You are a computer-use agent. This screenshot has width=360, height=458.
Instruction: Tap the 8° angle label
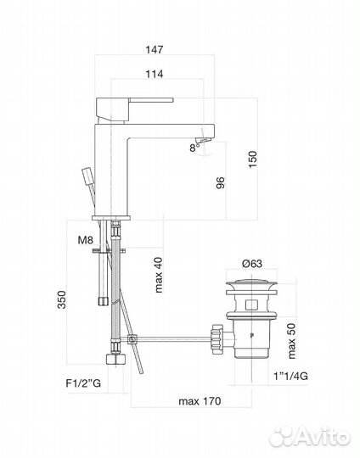[197, 147]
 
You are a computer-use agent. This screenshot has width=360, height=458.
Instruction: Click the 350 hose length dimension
[58, 303]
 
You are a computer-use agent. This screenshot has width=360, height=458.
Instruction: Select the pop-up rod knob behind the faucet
[87, 179]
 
